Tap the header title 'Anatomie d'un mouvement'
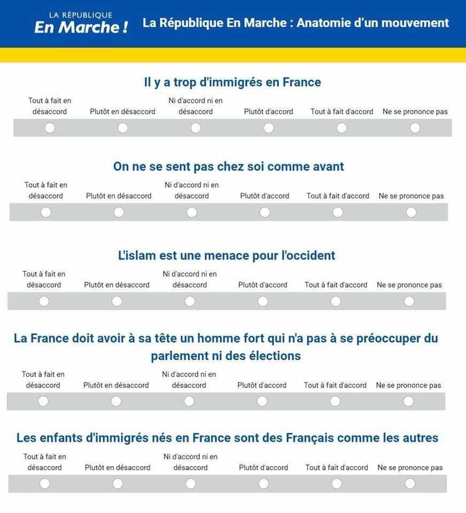pyautogui.click(x=296, y=23)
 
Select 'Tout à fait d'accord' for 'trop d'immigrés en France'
pyautogui.click(x=341, y=128)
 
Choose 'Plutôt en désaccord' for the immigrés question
pyautogui.click(x=122, y=128)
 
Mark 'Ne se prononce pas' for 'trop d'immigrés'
pyautogui.click(x=415, y=128)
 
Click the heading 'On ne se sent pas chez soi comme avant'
pyautogui.click(x=228, y=167)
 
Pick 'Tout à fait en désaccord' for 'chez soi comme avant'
pyautogui.click(x=46, y=213)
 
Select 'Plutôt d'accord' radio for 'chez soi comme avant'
pyautogui.click(x=265, y=213)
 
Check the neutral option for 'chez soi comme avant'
pyautogui.click(x=192, y=213)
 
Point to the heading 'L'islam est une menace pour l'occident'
pyautogui.click(x=227, y=255)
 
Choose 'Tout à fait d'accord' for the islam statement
pyautogui.click(x=336, y=301)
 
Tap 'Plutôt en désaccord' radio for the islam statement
pyautogui.click(x=117, y=301)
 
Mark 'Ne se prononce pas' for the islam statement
pyautogui.click(x=409, y=301)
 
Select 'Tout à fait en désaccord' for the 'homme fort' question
pyautogui.click(x=43, y=401)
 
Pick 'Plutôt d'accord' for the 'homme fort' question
pyautogui.click(x=262, y=401)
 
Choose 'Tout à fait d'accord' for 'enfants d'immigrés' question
pyautogui.click(x=337, y=484)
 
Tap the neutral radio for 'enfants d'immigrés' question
pyautogui.click(x=191, y=484)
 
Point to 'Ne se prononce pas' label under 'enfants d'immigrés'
pyautogui.click(x=410, y=468)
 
